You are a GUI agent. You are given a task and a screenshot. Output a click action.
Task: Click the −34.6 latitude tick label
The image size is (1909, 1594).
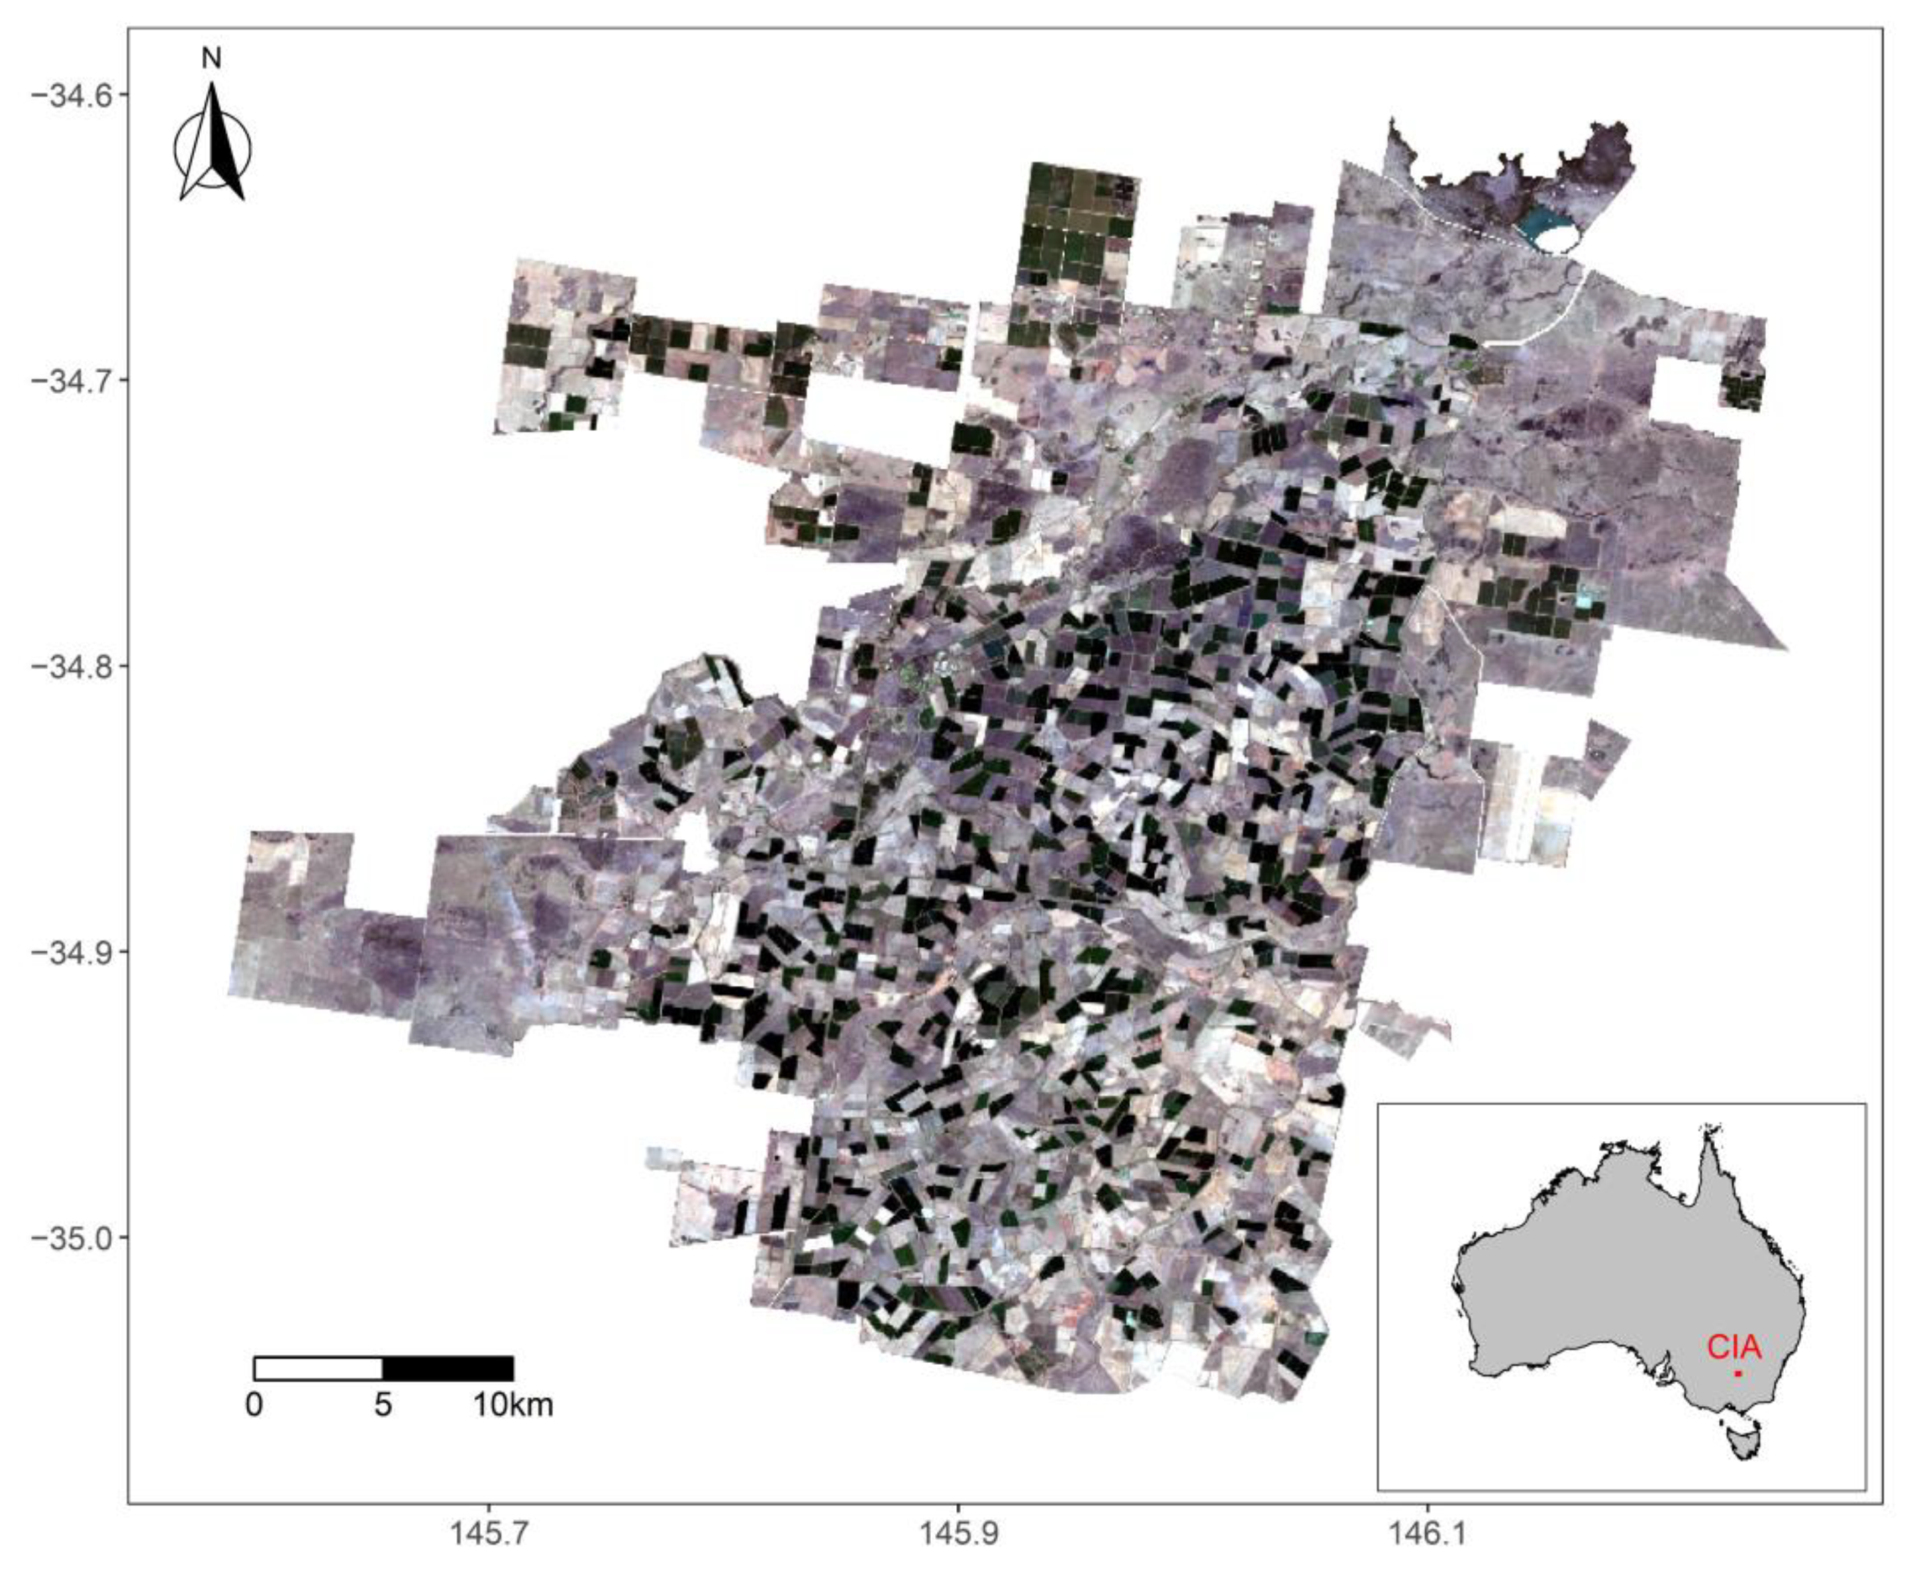67,96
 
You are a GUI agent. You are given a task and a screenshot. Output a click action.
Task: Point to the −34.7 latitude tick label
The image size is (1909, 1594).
67,380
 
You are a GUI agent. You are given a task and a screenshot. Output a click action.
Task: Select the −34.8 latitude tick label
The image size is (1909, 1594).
67,665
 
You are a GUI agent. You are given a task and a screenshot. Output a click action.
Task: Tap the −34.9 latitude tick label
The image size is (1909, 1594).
67,952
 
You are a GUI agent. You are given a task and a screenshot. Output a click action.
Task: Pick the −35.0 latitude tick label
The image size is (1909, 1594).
67,1237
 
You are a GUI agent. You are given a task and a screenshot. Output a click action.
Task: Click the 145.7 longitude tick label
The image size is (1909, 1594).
489,1534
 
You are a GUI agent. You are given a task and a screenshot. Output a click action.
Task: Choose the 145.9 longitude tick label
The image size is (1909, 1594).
958,1534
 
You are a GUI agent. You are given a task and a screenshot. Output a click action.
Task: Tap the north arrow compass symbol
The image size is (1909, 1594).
213,145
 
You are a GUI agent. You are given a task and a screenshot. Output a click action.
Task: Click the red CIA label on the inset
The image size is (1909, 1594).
1733,1347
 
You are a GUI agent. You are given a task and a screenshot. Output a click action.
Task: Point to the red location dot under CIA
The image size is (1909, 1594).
1738,1373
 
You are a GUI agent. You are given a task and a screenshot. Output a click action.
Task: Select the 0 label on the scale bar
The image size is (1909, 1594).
255,1405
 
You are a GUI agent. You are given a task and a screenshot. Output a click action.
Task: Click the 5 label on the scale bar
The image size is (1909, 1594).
382,1405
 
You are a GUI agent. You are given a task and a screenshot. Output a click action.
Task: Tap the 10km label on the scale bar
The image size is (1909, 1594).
513,1405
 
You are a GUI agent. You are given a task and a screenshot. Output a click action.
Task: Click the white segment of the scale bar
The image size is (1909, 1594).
318,1369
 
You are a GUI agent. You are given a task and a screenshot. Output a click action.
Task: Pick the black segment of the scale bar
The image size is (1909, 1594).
448,1369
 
